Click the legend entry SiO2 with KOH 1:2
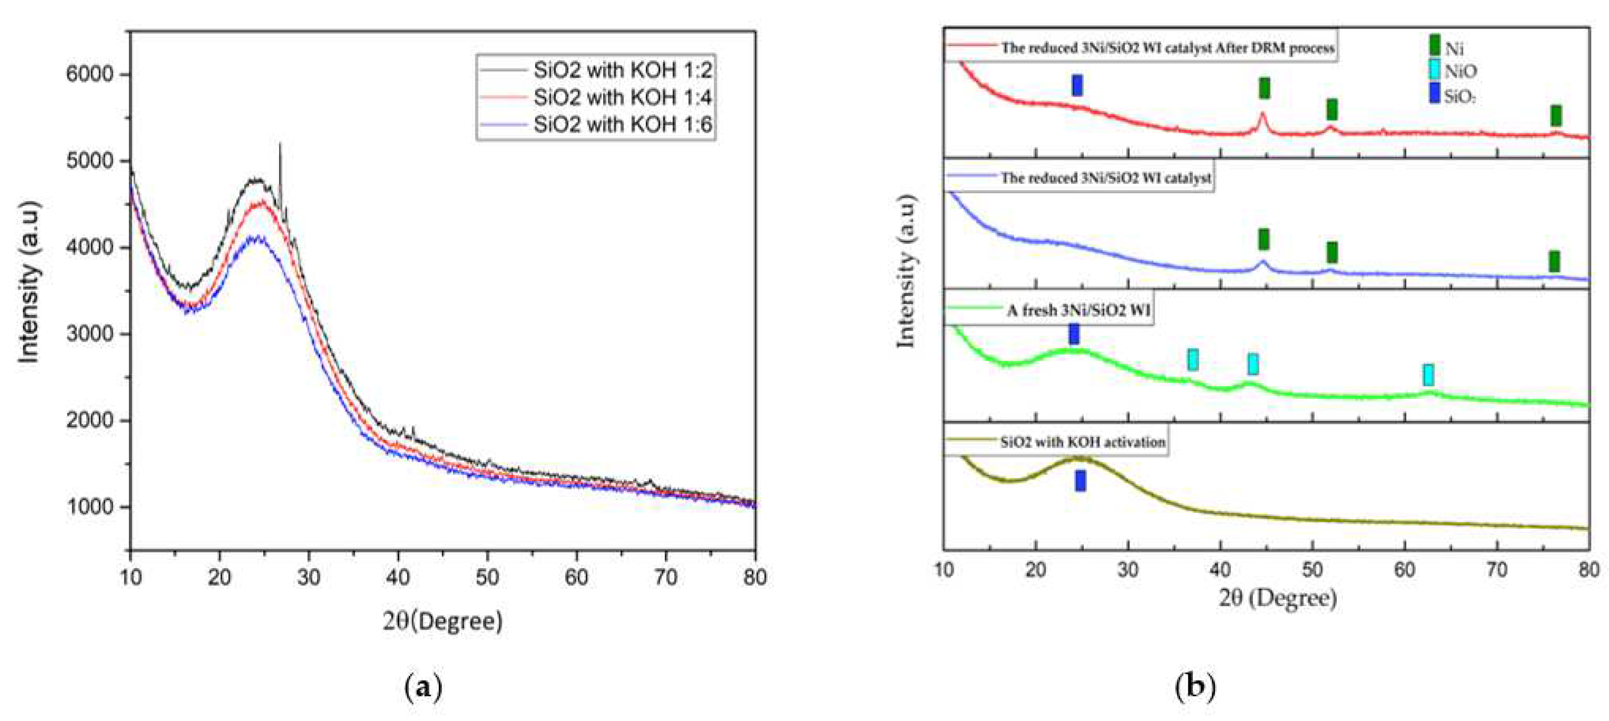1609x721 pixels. [622, 70]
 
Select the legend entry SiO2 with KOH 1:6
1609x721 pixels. [622, 125]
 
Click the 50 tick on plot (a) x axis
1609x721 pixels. [487, 577]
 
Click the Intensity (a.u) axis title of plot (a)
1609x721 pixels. [29, 282]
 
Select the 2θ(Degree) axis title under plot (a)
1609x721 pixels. [442, 621]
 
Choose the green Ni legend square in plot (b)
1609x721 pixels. [1435, 45]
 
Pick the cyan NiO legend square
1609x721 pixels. [1435, 69]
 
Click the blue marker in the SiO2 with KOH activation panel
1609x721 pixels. [1080, 481]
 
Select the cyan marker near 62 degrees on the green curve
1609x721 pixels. [1428, 375]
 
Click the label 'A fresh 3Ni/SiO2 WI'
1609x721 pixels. [1078, 310]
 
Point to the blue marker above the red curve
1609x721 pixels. [1077, 85]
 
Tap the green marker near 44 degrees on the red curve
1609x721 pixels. [1264, 88]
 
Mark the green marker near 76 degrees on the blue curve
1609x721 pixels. [1554, 261]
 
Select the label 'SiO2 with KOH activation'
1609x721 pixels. [1082, 442]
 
